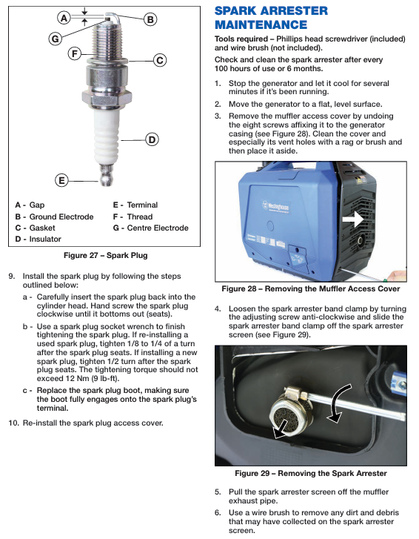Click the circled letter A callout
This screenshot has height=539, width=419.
[x=64, y=18]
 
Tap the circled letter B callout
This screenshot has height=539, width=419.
[x=150, y=19]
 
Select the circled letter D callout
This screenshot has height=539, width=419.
[x=152, y=139]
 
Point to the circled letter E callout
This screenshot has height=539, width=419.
[x=61, y=180]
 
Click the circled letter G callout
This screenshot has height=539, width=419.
[x=56, y=39]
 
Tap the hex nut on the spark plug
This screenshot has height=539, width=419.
[x=107, y=97]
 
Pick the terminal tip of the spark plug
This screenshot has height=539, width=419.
[x=107, y=175]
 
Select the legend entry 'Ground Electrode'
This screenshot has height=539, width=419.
[x=61, y=216]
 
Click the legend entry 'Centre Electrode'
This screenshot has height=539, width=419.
[x=158, y=228]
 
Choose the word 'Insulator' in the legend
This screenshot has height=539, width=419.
[x=45, y=239]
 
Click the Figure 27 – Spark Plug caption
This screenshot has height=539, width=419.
[x=106, y=255]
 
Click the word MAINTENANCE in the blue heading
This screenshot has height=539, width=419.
[x=261, y=24]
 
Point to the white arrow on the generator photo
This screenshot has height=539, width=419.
[x=353, y=219]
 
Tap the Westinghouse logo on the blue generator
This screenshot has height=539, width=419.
[x=276, y=207]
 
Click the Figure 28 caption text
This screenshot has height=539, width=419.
[x=311, y=288]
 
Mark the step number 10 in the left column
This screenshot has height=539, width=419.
[x=13, y=423]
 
